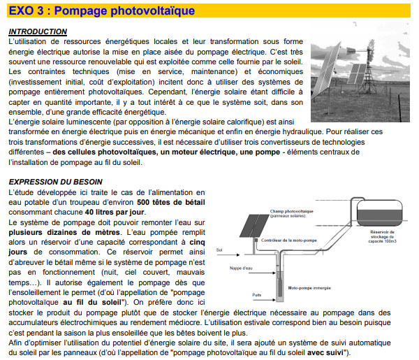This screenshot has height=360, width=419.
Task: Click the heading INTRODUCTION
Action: (38, 32)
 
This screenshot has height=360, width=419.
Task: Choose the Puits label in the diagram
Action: (256, 295)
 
